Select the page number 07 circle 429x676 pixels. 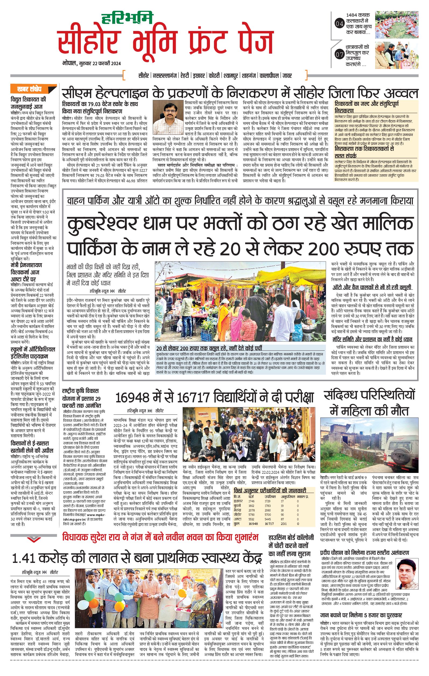pyautogui.click(x=339, y=55)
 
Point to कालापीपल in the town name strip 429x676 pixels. pyautogui.click(x=269, y=76)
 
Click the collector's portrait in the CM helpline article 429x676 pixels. pyautogui.click(x=167, y=114)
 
